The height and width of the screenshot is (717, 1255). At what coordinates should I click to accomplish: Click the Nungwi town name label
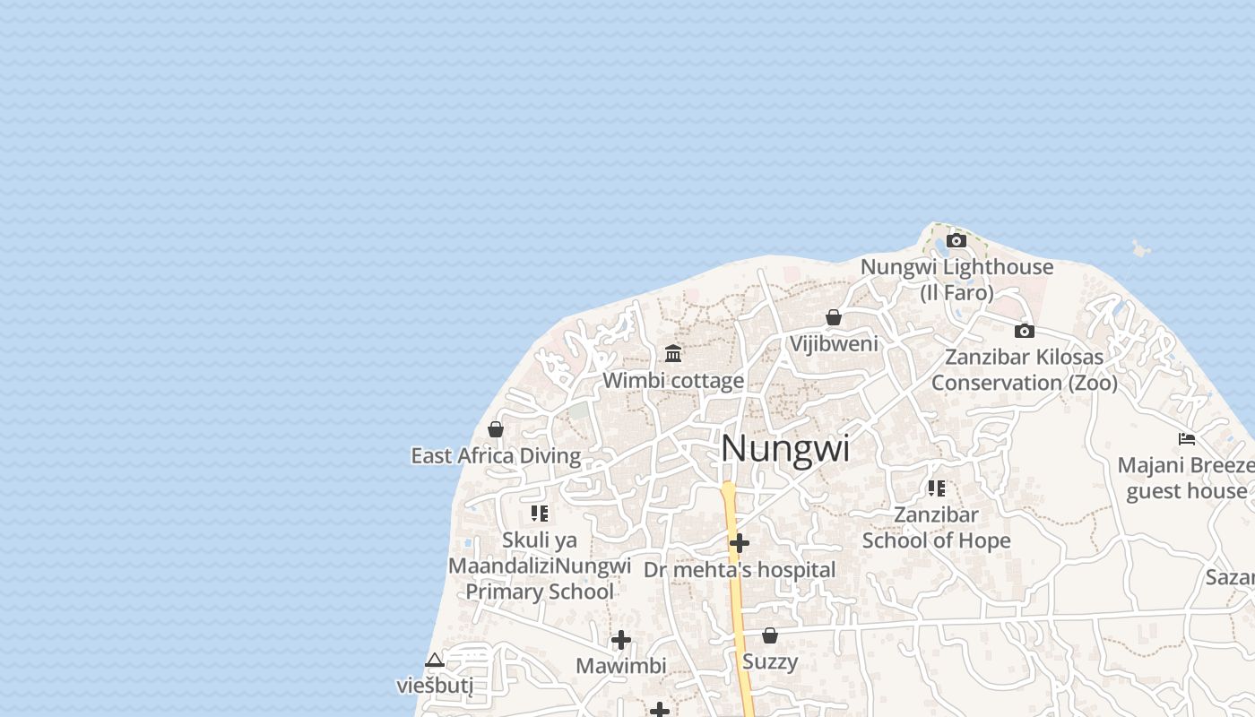tap(785, 449)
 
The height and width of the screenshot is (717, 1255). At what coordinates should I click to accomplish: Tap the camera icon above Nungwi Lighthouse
tap(956, 240)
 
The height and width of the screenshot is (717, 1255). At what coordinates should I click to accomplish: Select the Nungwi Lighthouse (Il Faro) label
tap(956, 280)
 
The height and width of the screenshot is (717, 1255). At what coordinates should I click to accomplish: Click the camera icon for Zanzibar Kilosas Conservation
tap(1025, 331)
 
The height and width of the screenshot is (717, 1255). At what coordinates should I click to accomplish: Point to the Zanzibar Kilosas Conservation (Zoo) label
tap(1025, 369)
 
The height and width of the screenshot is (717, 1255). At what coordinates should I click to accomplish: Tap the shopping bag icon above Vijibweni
tap(834, 317)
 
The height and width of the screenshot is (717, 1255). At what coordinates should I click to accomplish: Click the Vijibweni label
tap(834, 343)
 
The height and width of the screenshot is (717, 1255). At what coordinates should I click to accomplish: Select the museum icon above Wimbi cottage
tap(673, 353)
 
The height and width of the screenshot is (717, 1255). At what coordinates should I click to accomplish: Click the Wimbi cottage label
tap(673, 380)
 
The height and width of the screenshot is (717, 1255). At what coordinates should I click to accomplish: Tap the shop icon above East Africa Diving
tap(496, 429)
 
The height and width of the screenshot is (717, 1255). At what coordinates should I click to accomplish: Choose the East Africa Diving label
tap(496, 455)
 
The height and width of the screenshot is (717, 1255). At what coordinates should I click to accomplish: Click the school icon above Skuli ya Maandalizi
tap(540, 514)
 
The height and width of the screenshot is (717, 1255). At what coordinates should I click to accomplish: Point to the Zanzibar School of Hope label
tap(936, 528)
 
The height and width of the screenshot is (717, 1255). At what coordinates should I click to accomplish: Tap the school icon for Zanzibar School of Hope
tap(937, 488)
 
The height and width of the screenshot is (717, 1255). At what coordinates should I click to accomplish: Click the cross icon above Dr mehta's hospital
tap(740, 543)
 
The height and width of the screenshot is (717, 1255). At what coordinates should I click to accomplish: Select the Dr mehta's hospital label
tap(740, 570)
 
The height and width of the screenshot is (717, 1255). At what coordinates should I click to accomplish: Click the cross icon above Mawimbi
tap(621, 640)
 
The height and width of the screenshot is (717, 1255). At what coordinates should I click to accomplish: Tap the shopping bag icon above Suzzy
tap(770, 635)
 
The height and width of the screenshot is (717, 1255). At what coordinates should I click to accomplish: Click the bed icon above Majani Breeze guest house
tap(1187, 439)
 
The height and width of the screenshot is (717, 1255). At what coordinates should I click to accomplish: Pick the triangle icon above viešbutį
tap(435, 661)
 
